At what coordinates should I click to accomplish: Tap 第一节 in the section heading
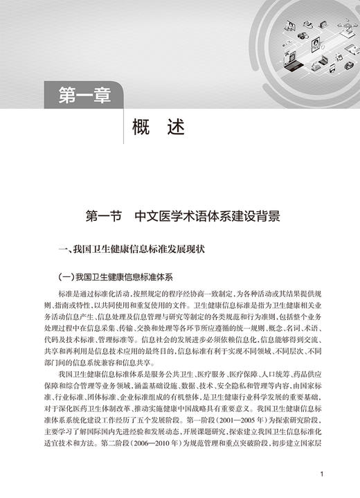[x=101, y=216]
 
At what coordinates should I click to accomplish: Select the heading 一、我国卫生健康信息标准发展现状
[x=130, y=247]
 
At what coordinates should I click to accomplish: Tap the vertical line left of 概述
[x=124, y=123]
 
